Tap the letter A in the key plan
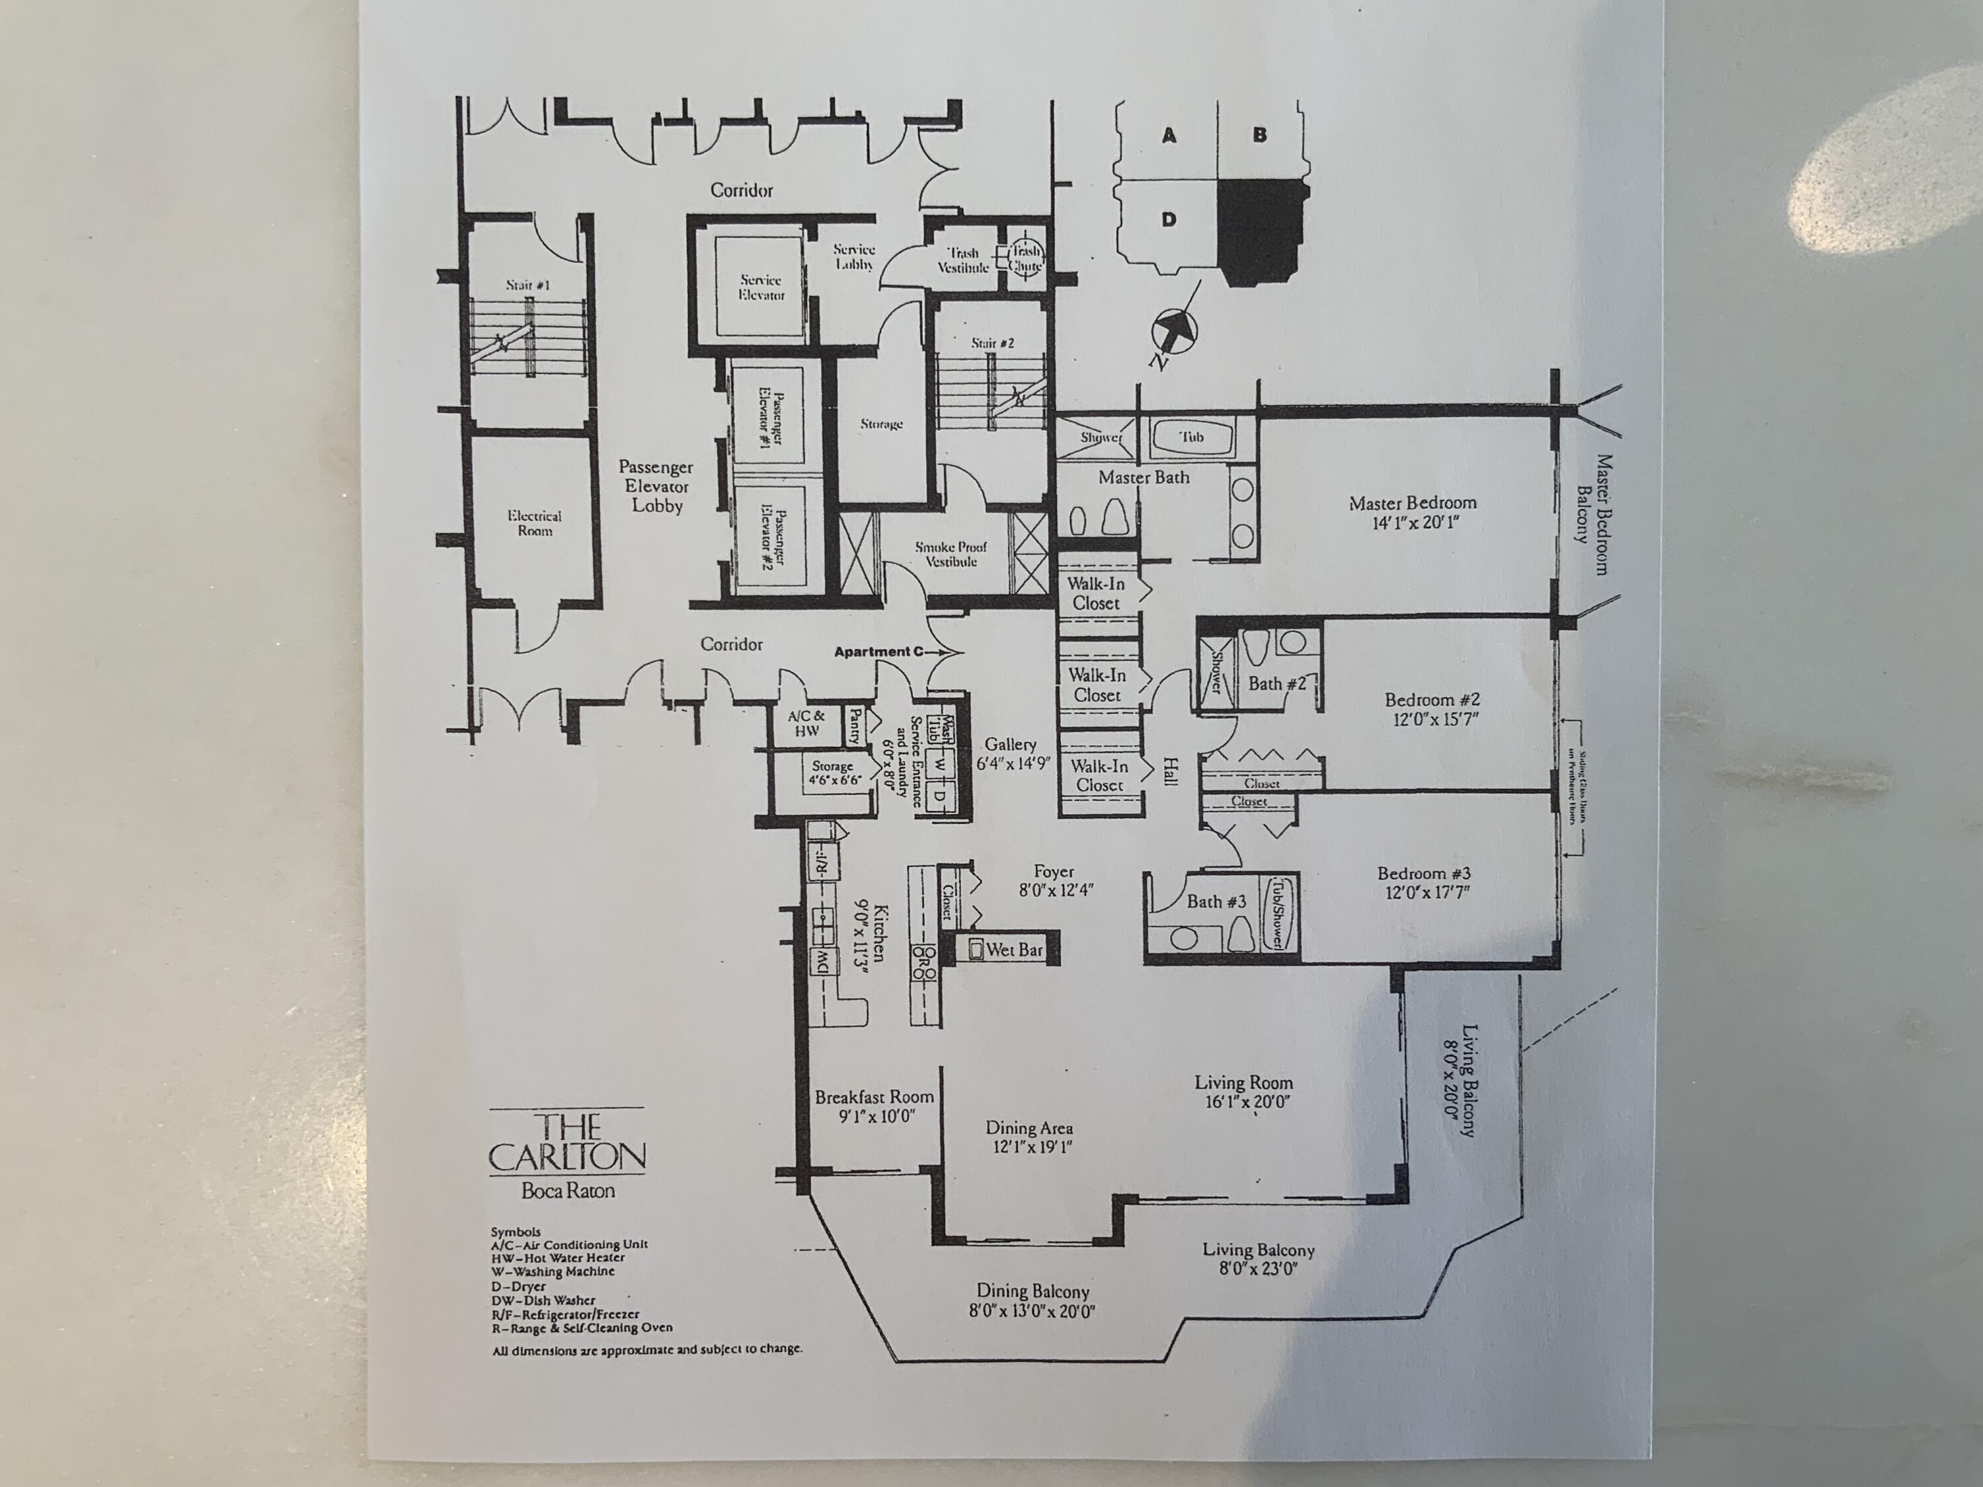click(x=1168, y=136)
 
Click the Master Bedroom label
click(x=1412, y=503)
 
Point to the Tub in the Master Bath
click(x=1191, y=438)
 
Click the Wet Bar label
click(x=1014, y=949)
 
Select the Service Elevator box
click(x=761, y=287)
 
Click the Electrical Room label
click(x=534, y=523)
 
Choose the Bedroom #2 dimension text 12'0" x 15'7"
click(x=1431, y=719)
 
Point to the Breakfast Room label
click(x=874, y=1097)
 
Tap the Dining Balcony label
click(x=1032, y=1291)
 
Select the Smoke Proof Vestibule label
click(x=951, y=554)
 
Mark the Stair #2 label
click(x=992, y=343)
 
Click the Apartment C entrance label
click(x=878, y=652)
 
